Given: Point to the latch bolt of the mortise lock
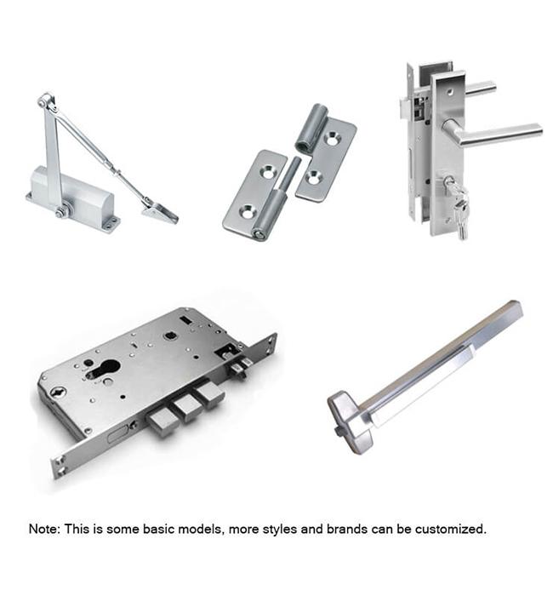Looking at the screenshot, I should (241, 368).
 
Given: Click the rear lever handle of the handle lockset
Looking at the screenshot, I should (481, 88).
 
